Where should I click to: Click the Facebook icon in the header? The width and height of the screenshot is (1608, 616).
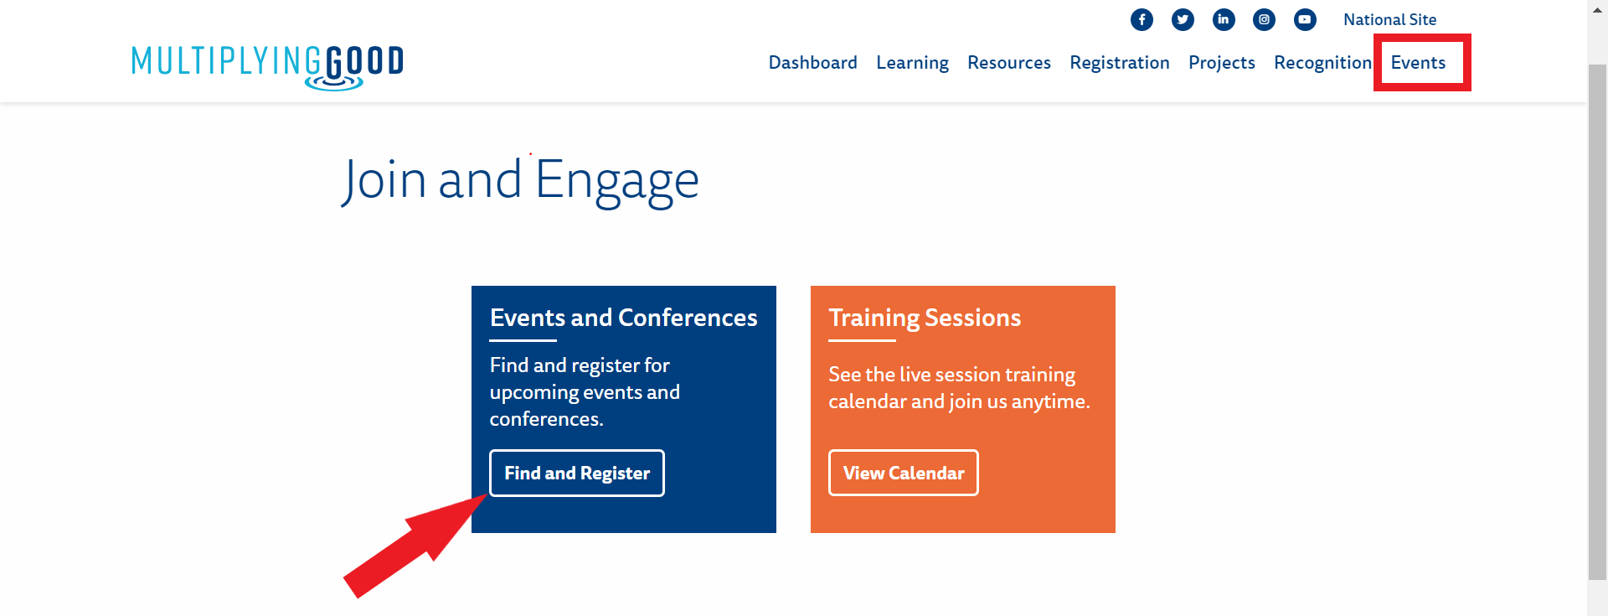[1142, 19]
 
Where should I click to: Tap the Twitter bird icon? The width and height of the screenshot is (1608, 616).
[1183, 19]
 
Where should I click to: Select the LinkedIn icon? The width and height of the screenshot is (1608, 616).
[1224, 19]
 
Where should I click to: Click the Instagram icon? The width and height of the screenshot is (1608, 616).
[1264, 19]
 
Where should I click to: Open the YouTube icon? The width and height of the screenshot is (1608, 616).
[1305, 19]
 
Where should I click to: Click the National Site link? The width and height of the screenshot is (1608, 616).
[1389, 19]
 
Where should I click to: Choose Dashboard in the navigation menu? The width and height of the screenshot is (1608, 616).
[812, 63]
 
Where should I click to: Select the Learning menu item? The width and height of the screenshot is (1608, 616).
[912, 64]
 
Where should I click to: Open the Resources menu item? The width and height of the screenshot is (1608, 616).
[1008, 63]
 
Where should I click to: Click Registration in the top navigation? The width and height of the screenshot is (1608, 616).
[1119, 64]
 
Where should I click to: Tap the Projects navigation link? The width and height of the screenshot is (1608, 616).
[1221, 64]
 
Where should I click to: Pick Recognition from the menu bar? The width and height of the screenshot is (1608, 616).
[1322, 64]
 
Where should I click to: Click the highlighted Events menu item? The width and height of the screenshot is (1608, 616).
[1418, 63]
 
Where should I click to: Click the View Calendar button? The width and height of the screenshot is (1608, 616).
[904, 473]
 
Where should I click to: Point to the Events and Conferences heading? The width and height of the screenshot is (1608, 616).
[623, 318]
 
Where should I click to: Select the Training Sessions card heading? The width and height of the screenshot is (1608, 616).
[925, 318]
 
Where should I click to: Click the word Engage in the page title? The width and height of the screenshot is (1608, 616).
[617, 181]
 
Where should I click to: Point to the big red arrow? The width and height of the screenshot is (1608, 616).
[415, 546]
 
